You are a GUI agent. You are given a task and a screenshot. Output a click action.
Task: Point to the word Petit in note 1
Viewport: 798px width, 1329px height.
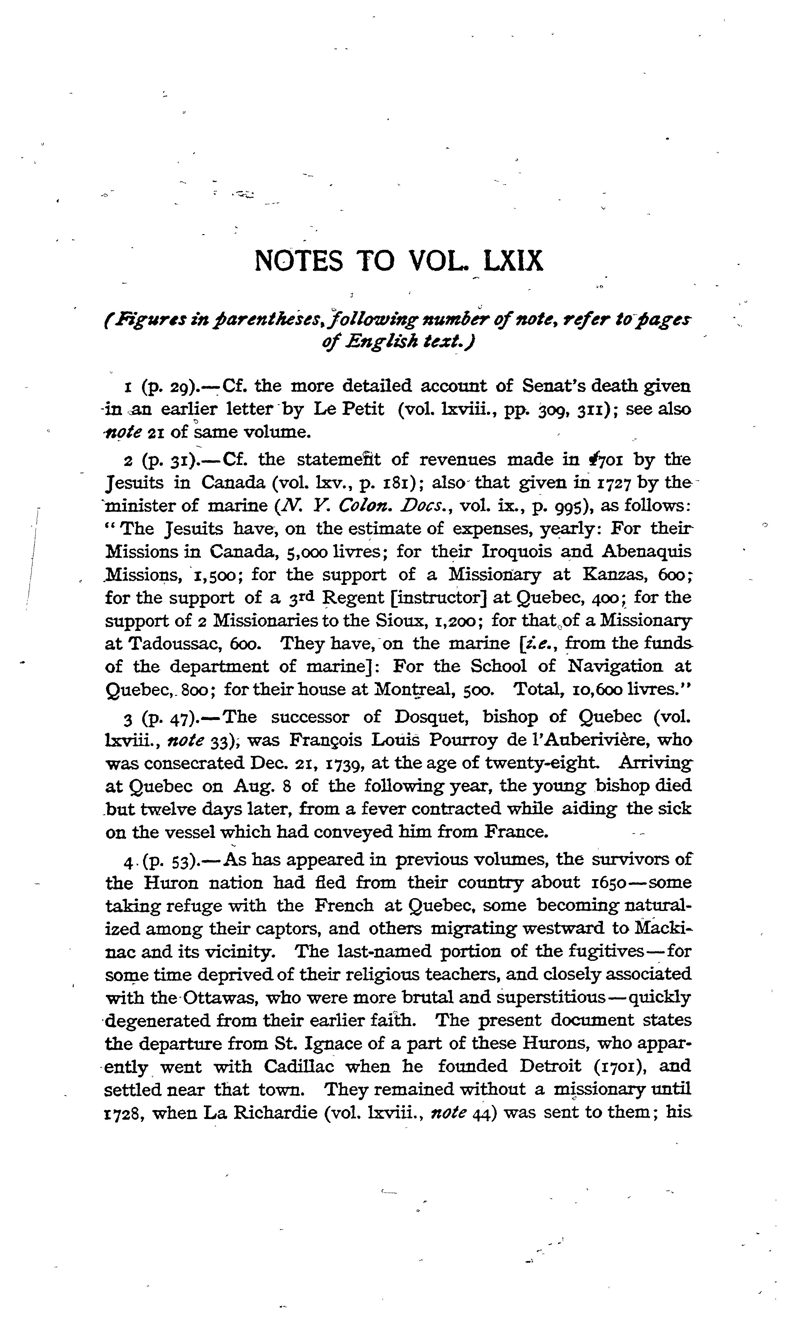coord(364,409)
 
